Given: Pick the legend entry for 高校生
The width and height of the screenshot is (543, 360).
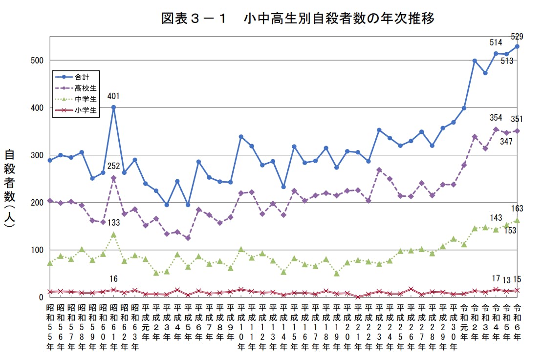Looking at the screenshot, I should coord(86,88).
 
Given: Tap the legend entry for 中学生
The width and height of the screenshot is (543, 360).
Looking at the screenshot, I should coord(86,99).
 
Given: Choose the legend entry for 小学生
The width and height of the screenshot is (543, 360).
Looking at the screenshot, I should coord(86,110).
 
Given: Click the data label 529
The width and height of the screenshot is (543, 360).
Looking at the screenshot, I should coord(518,36).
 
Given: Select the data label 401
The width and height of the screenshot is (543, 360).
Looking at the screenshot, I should coord(113,96).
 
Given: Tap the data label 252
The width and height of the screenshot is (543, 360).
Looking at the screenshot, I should coord(113,167).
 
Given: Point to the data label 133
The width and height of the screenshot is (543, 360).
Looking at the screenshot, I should coord(113,223).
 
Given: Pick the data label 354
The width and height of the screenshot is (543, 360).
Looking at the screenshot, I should coord(496,118).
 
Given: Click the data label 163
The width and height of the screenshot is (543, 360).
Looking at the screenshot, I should coord(518,209).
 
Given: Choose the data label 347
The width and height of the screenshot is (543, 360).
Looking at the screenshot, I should coord(506,142).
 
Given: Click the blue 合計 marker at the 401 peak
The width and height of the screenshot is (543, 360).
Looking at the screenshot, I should coord(113,107).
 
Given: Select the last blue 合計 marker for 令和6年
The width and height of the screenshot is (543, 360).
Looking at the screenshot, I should coord(517,46).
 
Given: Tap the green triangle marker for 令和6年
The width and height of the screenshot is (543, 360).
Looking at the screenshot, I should coord(517,220).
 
